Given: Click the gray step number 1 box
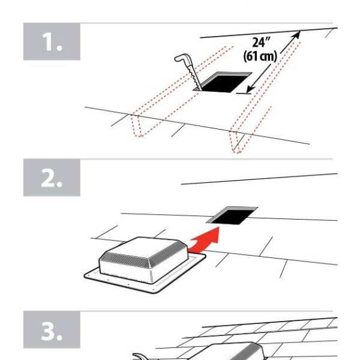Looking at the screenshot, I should [x=51, y=42].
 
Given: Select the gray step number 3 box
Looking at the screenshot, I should [x=51, y=329].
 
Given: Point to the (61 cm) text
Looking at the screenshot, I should [x=260, y=58].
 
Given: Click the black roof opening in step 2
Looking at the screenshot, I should [x=236, y=214].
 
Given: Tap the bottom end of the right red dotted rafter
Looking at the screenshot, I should [x=239, y=150].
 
